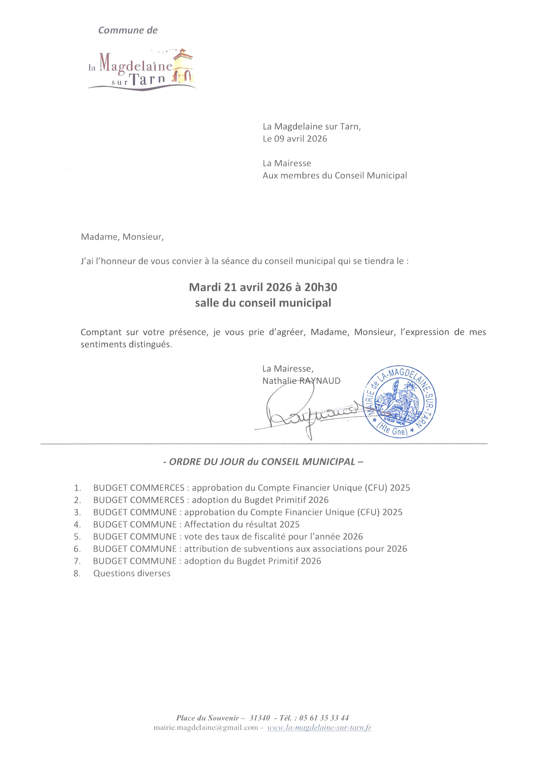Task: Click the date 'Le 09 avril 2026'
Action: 295,139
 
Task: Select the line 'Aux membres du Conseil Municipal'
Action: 335,175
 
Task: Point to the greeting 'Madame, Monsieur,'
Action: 122,237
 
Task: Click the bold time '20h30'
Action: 321,287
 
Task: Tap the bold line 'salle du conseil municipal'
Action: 263,303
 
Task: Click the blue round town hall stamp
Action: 399,401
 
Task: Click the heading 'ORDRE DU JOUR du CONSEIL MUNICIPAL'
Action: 263,462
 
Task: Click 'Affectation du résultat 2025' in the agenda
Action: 242,524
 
